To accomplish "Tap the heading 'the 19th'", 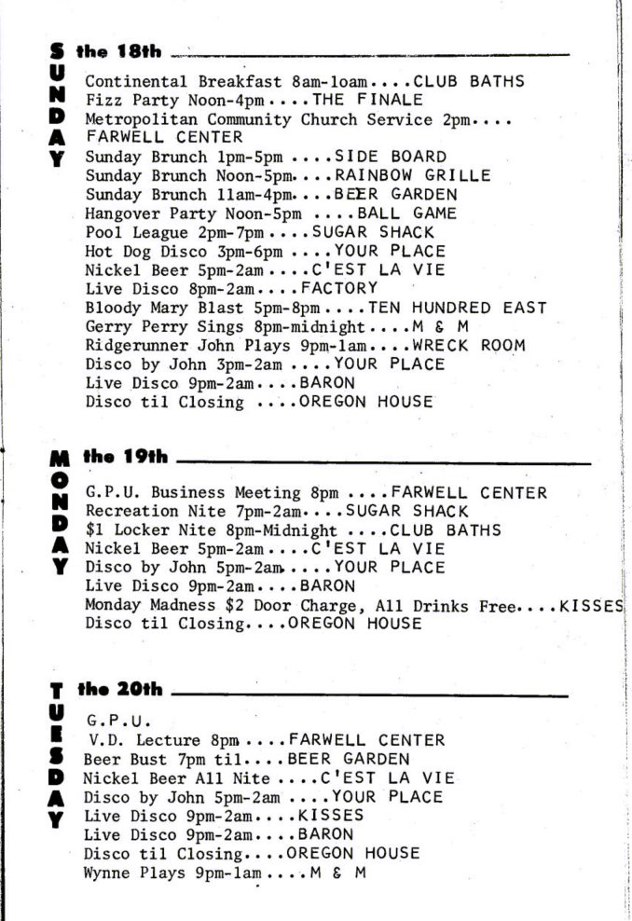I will (x=126, y=457).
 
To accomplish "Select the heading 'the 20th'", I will (x=121, y=690).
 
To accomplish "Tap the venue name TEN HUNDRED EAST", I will (x=457, y=307).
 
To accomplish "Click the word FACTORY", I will (x=339, y=288).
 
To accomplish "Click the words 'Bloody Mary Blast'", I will (x=152, y=307).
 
